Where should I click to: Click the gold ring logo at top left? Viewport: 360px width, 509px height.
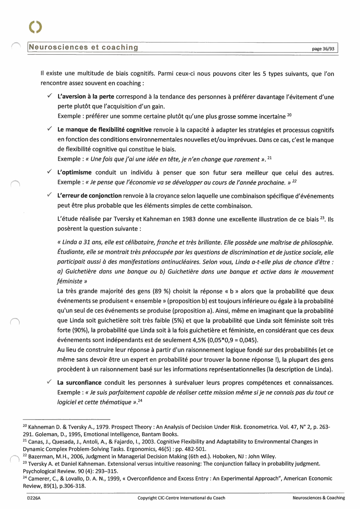coord(35,27)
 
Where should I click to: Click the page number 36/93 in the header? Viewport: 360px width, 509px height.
coord(323,49)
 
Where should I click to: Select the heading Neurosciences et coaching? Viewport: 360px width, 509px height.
coord(83,47)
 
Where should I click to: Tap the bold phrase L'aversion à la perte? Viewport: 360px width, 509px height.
coord(86,97)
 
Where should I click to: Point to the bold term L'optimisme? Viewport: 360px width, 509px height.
coord(74,173)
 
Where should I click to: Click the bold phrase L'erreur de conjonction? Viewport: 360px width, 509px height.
coord(89,196)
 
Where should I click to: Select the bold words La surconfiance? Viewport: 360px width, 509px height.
coord(79,383)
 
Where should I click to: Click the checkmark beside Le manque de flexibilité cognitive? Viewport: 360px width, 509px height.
coord(50,129)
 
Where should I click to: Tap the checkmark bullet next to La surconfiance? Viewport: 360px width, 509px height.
coord(50,382)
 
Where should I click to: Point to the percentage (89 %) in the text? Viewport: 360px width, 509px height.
coord(162,292)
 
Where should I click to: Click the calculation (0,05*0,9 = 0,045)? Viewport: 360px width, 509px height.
coord(233,340)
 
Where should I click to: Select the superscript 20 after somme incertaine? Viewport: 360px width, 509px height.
coord(289,115)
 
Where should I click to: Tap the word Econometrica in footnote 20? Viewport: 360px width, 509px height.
coord(260,427)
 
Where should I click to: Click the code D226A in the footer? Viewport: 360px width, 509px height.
coord(34,498)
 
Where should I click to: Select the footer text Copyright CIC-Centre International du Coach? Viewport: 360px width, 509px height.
coord(181,498)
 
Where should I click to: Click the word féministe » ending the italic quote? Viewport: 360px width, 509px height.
coord(72,281)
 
